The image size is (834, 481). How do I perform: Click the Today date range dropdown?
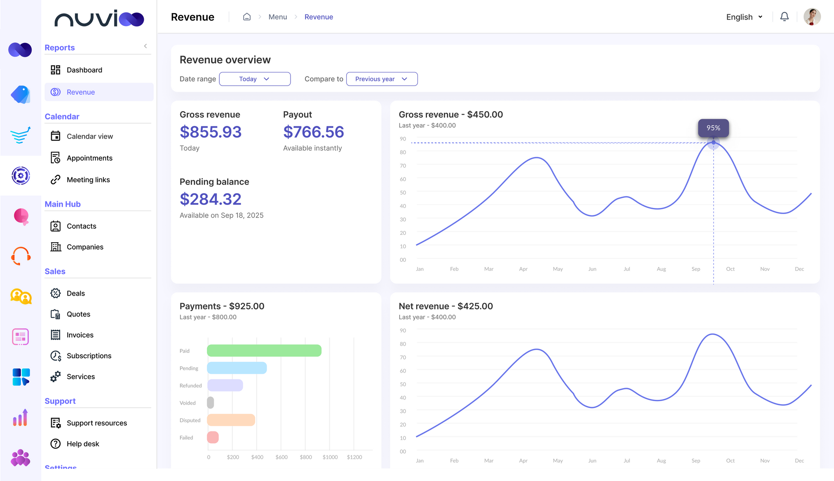coord(255,79)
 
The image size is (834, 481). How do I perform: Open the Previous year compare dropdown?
coord(381,79)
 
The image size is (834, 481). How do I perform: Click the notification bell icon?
coord(784,17)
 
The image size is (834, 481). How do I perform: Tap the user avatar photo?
coord(811,17)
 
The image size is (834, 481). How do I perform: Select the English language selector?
coord(744,17)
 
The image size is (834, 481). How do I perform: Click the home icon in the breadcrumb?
coord(247,17)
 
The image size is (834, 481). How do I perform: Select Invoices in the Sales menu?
coord(80,335)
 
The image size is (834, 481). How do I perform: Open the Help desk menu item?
coord(83,444)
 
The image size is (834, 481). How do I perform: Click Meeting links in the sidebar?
coord(88,180)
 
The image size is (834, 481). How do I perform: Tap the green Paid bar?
coord(264,351)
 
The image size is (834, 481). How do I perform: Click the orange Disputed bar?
coord(231,420)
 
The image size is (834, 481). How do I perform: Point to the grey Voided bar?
coord(211,403)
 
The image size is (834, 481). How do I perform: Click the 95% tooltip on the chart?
coord(713,128)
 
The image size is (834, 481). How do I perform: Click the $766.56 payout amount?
coord(313,132)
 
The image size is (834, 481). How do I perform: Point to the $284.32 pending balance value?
coord(210,199)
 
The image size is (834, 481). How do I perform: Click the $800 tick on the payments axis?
coord(306,457)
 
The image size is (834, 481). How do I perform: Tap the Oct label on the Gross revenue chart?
coord(730,269)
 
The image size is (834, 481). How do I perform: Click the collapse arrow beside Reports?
coord(146,46)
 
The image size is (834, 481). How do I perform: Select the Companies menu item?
coord(85,247)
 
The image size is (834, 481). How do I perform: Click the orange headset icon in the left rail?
coord(21,256)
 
